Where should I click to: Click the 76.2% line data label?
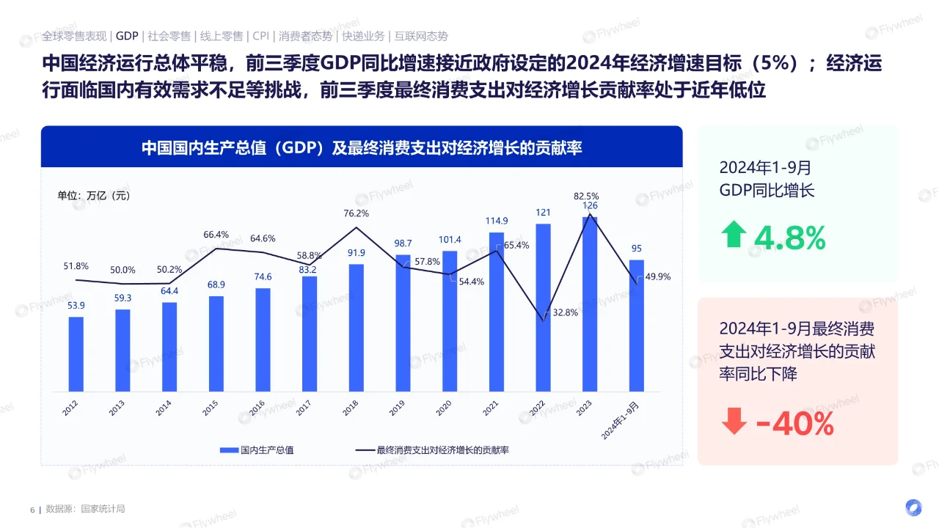(357, 213)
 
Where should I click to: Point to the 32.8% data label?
(565, 312)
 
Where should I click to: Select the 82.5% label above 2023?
(586, 196)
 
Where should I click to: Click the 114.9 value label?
(497, 221)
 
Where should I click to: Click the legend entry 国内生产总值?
(259, 450)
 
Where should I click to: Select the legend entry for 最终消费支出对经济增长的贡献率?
(432, 450)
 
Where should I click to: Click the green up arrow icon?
(733, 235)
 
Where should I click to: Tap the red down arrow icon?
(733, 421)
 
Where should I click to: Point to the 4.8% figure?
(789, 238)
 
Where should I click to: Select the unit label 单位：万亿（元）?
(94, 196)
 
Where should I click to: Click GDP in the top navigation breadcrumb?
(127, 36)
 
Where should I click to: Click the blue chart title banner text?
(362, 147)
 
